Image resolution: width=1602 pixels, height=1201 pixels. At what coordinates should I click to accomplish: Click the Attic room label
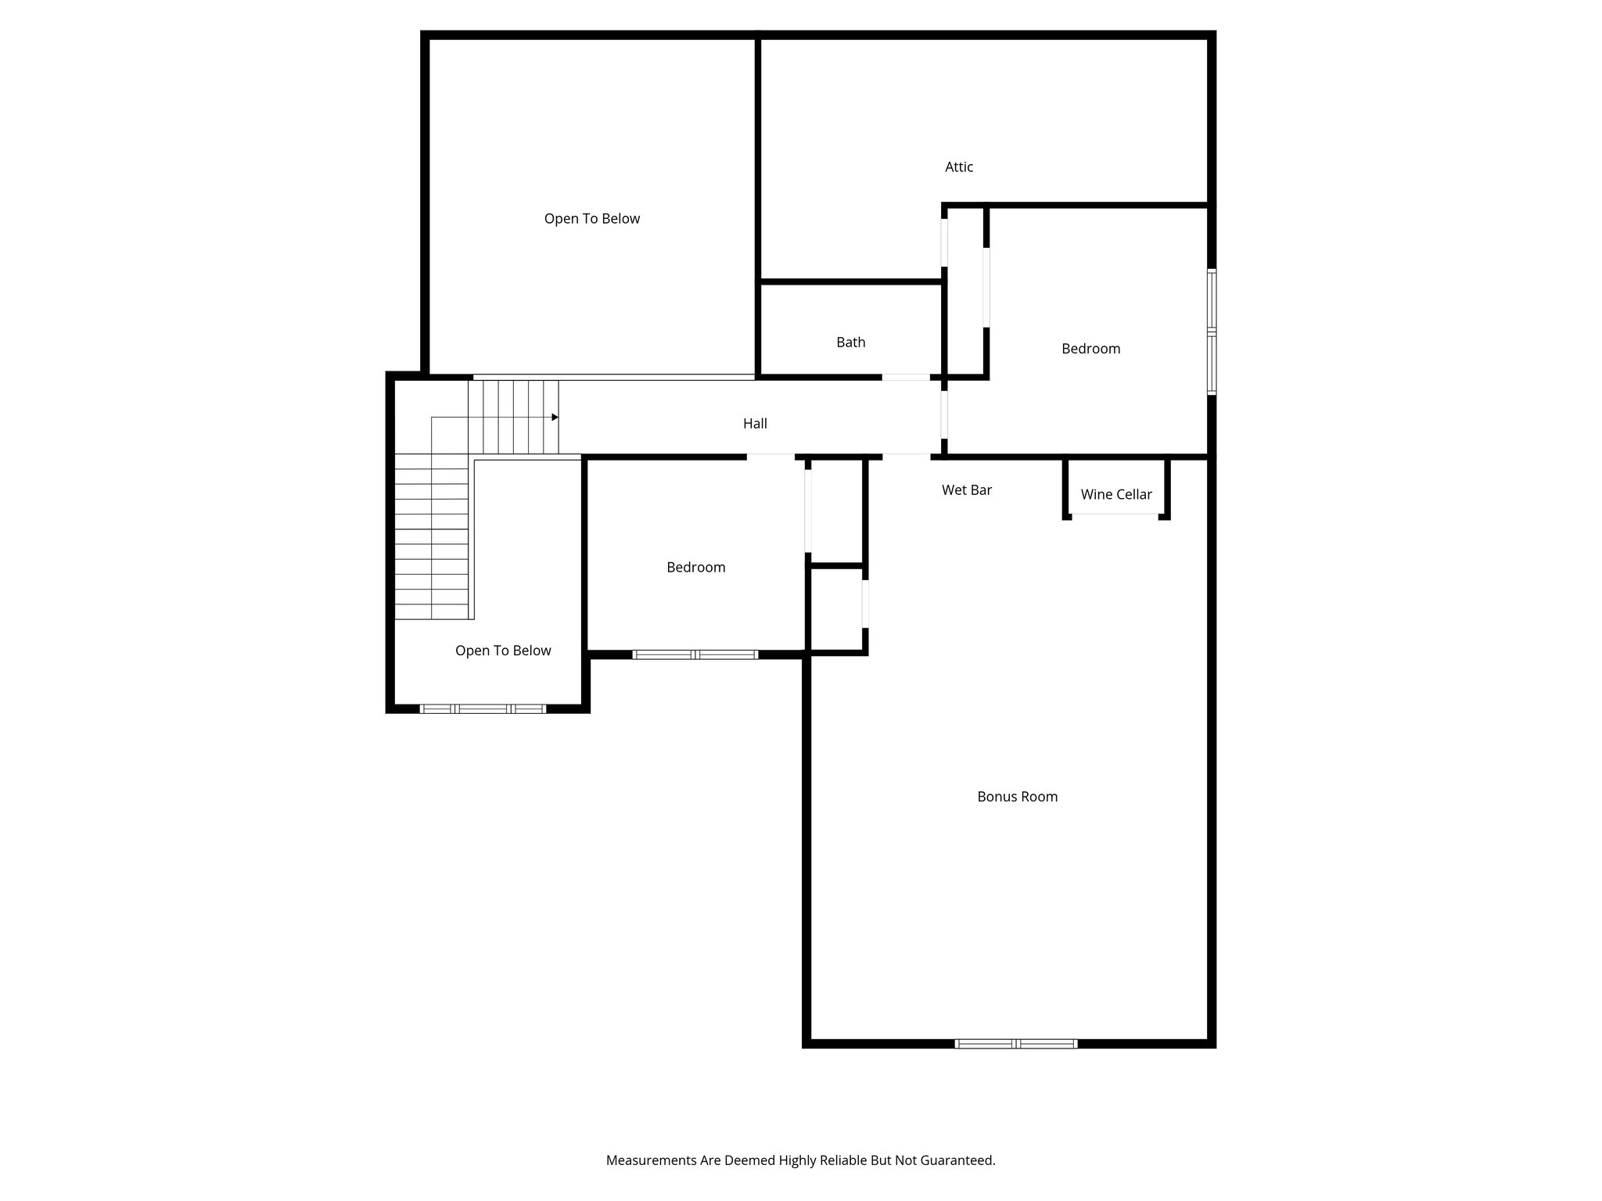pyautogui.click(x=959, y=167)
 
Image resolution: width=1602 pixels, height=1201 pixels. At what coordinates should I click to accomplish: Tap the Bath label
pyautogui.click(x=850, y=342)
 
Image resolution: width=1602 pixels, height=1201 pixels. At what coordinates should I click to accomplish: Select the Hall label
pyautogui.click(x=754, y=423)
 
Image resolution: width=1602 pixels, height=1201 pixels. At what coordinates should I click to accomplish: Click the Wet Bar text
pyautogui.click(x=966, y=489)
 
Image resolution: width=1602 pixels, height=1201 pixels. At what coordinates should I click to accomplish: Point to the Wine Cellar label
pyautogui.click(x=1115, y=494)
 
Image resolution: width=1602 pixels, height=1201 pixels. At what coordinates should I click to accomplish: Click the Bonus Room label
pyautogui.click(x=1017, y=796)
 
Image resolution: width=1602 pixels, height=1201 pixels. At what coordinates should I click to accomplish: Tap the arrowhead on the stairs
pyautogui.click(x=555, y=417)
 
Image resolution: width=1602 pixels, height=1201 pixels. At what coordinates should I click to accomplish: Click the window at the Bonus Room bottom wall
pyautogui.click(x=1016, y=1043)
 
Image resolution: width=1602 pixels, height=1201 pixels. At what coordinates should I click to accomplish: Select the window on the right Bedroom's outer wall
pyautogui.click(x=1211, y=332)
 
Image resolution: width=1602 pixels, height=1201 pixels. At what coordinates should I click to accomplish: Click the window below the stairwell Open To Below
pyautogui.click(x=483, y=708)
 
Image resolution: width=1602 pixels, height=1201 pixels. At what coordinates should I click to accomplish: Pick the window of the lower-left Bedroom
pyautogui.click(x=695, y=654)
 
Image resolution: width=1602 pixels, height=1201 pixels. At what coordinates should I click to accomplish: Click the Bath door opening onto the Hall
pyautogui.click(x=906, y=377)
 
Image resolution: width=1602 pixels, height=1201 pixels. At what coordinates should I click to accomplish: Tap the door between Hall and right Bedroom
pyautogui.click(x=944, y=414)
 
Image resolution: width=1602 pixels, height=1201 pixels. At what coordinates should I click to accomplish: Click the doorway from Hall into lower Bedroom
pyautogui.click(x=770, y=456)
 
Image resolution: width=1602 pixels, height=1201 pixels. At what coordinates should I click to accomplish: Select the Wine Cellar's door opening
pyautogui.click(x=1115, y=514)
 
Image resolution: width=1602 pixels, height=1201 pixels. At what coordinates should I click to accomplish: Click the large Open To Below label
pyautogui.click(x=591, y=218)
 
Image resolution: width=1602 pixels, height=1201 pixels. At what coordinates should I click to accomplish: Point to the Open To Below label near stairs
pyautogui.click(x=503, y=651)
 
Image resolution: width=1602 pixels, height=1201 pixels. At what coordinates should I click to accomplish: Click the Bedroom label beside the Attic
pyautogui.click(x=1090, y=349)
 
